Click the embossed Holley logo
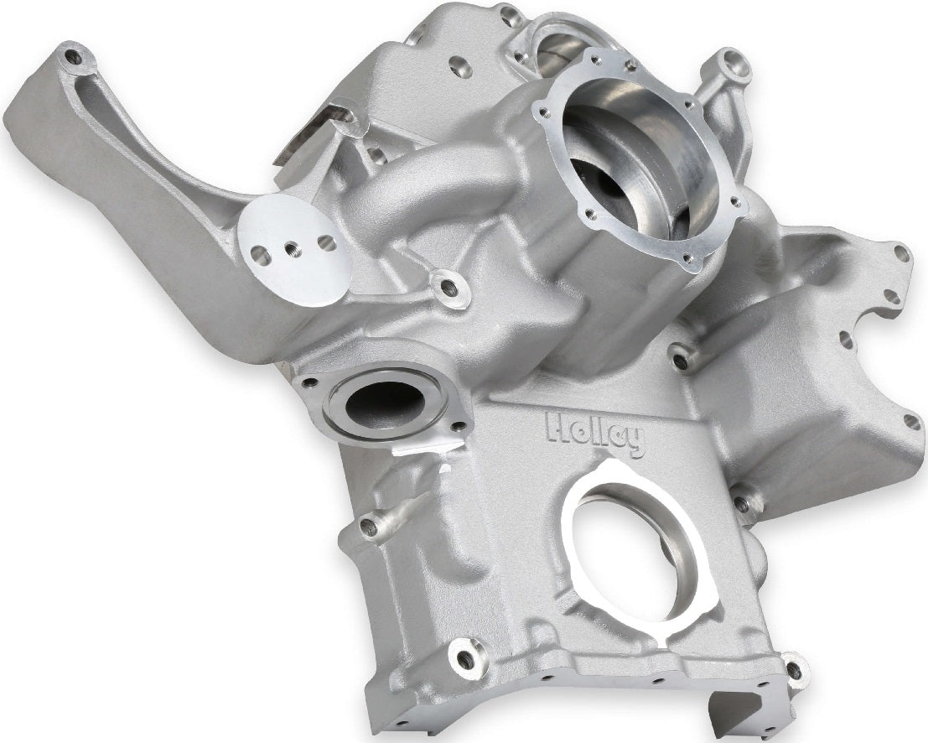tap(596, 434)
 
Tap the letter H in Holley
tap(557, 428)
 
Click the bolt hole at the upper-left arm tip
tap(74, 57)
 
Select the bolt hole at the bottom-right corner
tap(793, 670)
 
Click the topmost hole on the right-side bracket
tap(901, 252)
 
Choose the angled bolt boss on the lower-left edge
tap(369, 527)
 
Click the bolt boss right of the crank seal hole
tap(741, 503)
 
